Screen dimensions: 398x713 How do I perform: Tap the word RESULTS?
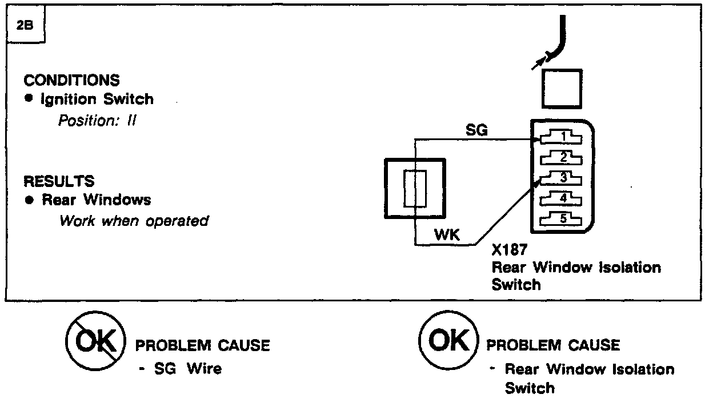coord(58,181)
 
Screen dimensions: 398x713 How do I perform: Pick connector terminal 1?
coord(562,137)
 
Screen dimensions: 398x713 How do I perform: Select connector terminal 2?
coord(562,157)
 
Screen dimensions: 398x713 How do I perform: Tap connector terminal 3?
coord(562,177)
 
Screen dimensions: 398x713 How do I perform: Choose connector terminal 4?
coord(562,198)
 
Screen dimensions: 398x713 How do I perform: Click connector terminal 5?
coord(562,218)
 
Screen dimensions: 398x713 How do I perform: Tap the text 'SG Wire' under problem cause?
coord(188,369)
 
